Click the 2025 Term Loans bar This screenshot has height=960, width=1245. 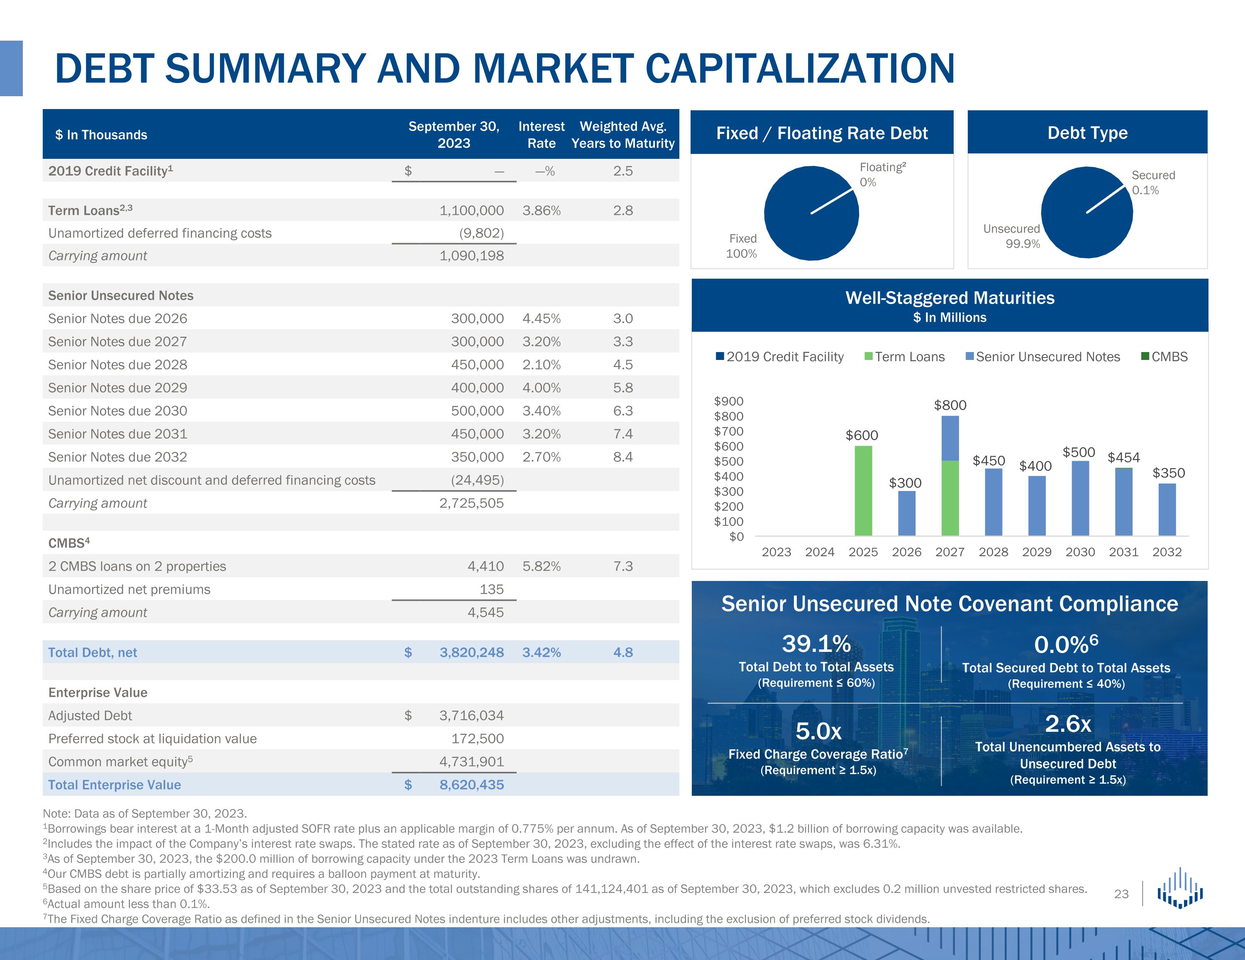(x=863, y=491)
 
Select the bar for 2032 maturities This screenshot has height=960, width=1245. (x=1167, y=510)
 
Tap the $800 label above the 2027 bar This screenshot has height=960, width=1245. (x=950, y=405)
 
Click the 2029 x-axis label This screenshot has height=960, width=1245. (x=1036, y=552)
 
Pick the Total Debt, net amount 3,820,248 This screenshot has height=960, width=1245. (x=471, y=652)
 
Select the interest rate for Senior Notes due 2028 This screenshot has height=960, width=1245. (x=542, y=365)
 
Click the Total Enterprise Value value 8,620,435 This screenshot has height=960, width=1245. (x=471, y=785)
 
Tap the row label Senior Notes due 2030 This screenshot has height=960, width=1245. (x=117, y=411)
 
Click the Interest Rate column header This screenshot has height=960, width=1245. (x=541, y=134)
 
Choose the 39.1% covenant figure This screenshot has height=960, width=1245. (x=816, y=644)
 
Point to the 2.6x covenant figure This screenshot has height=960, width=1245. (x=1068, y=724)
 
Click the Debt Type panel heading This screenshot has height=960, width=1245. (x=1087, y=133)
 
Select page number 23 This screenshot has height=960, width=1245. (x=1121, y=894)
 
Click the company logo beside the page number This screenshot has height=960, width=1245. (x=1179, y=889)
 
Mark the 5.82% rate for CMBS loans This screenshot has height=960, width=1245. (x=542, y=566)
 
